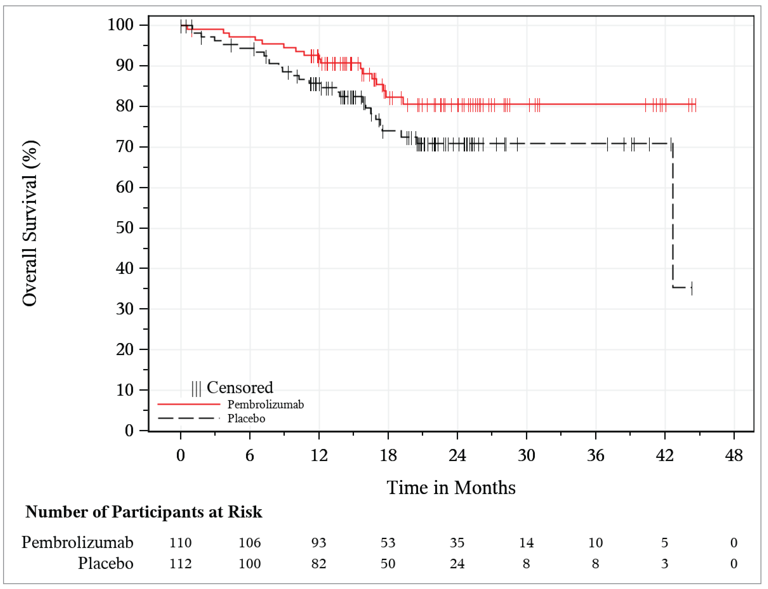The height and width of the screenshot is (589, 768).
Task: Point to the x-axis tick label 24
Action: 457,455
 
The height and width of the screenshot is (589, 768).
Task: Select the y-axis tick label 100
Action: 120,25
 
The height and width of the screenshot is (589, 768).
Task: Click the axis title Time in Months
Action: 451,488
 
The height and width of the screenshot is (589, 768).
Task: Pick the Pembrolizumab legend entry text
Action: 266,405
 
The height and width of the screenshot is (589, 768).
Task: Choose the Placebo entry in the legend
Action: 246,419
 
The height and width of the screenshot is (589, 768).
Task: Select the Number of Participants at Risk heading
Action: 144,512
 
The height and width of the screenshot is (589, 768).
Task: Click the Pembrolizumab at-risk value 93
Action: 319,543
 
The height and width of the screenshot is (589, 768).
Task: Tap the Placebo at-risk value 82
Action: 319,564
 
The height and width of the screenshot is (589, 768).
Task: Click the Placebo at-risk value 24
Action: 457,564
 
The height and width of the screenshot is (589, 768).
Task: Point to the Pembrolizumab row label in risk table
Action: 77,543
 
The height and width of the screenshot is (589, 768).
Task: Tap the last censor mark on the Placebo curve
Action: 692,288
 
